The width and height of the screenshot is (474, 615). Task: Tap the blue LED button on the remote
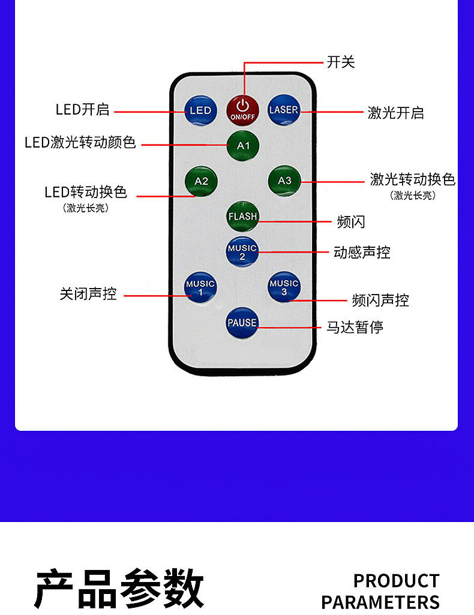coord(200,110)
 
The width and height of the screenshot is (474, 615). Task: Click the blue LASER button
coord(283,110)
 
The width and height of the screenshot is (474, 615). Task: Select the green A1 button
coord(243,146)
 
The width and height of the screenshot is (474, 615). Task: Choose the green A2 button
coord(201,181)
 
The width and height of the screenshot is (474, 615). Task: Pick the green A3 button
coord(284,181)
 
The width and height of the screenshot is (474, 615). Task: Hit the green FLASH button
coord(242,217)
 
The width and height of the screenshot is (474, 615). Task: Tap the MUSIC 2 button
coord(242,252)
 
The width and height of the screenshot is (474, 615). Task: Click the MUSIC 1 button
coord(200,287)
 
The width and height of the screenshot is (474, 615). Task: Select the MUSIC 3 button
coord(284,287)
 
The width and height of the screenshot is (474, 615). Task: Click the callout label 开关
coord(340,62)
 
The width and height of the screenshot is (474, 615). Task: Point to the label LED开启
coord(82,110)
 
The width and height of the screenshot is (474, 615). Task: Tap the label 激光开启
coord(395,112)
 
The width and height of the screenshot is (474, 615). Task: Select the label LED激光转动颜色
coord(80,143)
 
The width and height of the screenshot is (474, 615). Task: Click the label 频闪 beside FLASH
coord(350,222)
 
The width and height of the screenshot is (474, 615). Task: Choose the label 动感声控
coord(361,252)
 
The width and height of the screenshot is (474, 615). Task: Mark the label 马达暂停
coord(354,327)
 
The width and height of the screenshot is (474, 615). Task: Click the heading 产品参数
coord(119,589)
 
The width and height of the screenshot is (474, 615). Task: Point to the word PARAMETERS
coord(380,602)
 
